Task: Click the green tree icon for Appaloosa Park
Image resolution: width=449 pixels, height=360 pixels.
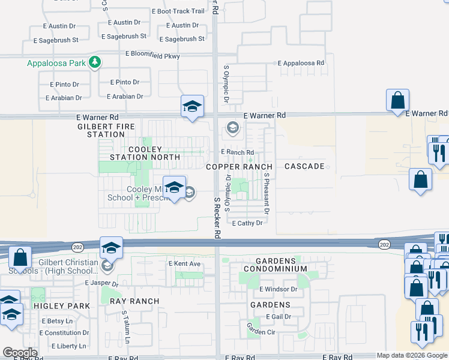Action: point(94,62)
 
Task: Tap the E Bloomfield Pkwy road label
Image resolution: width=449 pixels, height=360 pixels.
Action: point(152,54)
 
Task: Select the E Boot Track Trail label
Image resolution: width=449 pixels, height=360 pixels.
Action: point(181,11)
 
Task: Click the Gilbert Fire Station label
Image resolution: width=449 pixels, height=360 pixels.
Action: point(101,131)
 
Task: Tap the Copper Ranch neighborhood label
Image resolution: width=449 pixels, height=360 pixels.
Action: point(239,166)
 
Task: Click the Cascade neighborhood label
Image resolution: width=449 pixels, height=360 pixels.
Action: point(304,166)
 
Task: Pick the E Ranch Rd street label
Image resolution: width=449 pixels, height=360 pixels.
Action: point(238,152)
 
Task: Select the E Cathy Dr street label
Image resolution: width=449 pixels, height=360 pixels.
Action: point(248,223)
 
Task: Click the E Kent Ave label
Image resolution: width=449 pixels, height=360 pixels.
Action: point(185,263)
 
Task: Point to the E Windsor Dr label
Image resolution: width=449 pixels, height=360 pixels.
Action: point(279,289)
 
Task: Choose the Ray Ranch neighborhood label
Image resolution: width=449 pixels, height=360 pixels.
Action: point(134,301)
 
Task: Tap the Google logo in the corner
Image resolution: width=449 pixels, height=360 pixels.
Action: point(20,353)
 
